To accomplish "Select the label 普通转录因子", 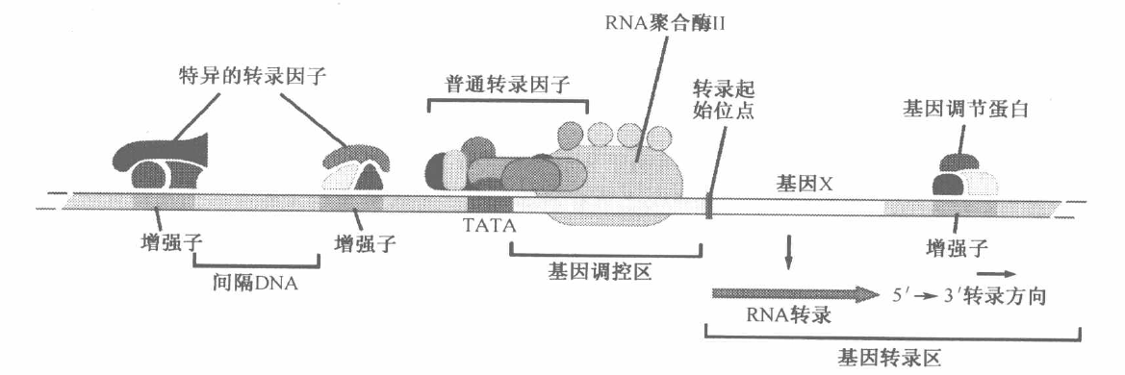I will pyautogui.click(x=507, y=85).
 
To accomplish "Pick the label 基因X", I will pyautogui.click(x=803, y=180).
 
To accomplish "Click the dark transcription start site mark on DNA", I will pyautogui.click(x=710, y=205).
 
